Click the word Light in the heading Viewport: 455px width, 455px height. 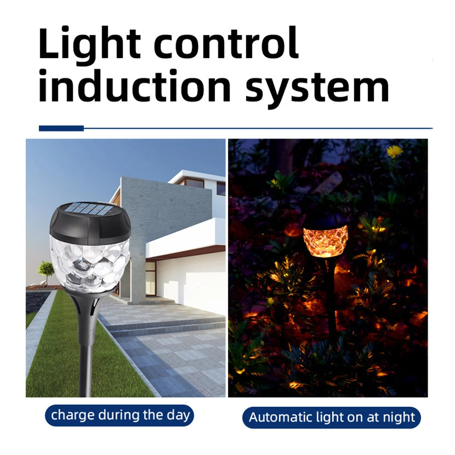[x=90, y=46]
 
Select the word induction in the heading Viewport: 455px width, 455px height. [x=135, y=86]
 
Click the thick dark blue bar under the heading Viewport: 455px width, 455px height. [x=61, y=128]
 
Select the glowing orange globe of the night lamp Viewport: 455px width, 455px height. [x=325, y=241]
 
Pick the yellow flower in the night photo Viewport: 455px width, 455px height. [x=395, y=152]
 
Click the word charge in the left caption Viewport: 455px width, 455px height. [x=73, y=416]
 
